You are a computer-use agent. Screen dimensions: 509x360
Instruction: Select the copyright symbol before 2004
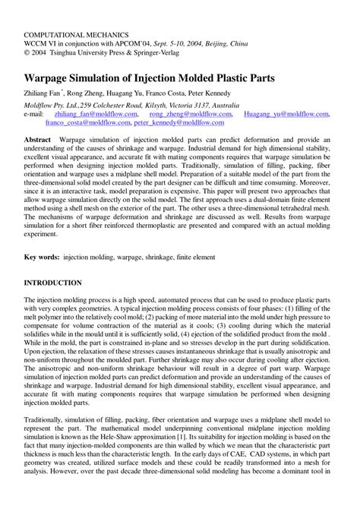click(x=27, y=54)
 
